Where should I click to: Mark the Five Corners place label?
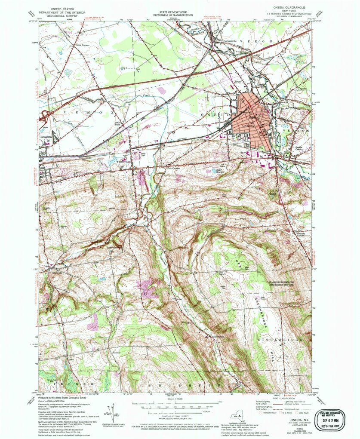(172, 168)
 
